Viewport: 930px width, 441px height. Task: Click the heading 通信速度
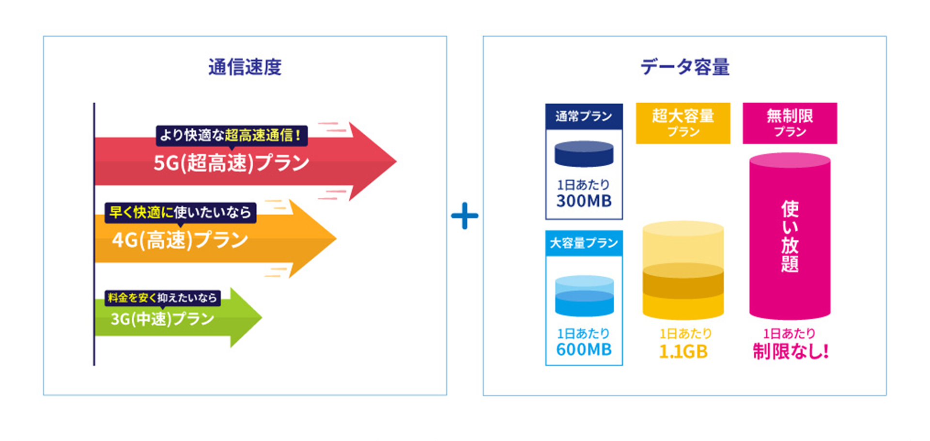point(245,67)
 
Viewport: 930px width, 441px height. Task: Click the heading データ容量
point(685,67)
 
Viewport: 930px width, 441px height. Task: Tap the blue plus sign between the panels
point(465,216)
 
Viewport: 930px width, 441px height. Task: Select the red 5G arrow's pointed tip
point(396,161)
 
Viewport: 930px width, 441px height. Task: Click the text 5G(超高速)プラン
point(232,163)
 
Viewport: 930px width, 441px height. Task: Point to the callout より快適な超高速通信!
point(232,135)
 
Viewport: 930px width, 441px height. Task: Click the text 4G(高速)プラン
point(180,239)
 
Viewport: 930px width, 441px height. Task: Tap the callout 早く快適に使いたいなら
point(180,212)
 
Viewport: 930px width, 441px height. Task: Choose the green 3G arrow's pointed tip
point(262,317)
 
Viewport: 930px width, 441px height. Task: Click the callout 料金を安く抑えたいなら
point(163,298)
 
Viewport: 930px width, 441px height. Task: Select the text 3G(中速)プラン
point(163,318)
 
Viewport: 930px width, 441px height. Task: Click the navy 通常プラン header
point(584,116)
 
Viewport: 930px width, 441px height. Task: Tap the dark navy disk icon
point(584,154)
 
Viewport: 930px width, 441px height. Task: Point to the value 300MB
point(584,201)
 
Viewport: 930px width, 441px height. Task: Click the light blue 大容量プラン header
point(584,243)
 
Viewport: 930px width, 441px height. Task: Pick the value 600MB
point(584,349)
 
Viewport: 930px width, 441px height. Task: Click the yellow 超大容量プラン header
point(683,123)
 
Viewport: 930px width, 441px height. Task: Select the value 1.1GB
point(683,351)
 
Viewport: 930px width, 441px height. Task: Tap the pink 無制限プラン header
point(790,123)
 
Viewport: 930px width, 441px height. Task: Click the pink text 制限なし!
point(790,351)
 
